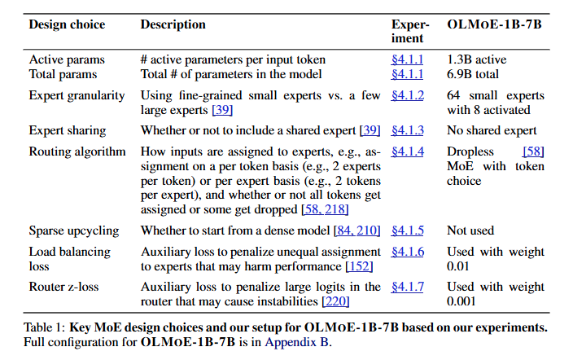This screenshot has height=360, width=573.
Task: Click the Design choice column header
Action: [x=67, y=24]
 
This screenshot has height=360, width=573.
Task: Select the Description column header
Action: [x=173, y=24]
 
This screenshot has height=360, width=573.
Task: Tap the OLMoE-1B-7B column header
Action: [x=493, y=24]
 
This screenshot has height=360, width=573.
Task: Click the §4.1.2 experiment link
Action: [x=408, y=95]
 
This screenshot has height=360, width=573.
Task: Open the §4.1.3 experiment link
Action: [x=408, y=130]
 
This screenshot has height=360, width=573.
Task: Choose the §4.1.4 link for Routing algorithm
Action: [x=408, y=151]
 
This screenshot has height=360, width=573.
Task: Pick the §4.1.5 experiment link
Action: [x=408, y=230]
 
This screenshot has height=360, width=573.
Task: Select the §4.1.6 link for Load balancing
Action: [x=408, y=252]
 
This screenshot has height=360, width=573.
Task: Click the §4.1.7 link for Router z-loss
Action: [x=408, y=287]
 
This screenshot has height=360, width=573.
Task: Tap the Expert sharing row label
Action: [x=68, y=130]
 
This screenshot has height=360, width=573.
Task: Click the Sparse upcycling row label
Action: [x=74, y=230]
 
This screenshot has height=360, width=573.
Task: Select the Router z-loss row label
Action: [x=63, y=287]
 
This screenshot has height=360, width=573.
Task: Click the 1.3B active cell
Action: [x=477, y=59]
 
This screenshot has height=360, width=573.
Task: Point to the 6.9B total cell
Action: [x=474, y=74]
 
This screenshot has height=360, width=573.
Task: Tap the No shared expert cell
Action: [x=492, y=130]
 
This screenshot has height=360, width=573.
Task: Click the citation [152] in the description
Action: [x=359, y=266]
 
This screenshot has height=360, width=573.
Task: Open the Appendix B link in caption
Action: [x=297, y=343]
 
